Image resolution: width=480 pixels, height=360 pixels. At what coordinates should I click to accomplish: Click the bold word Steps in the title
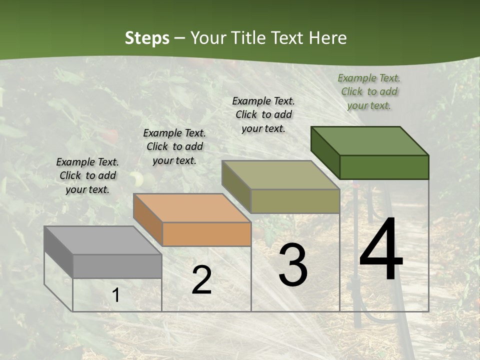147,38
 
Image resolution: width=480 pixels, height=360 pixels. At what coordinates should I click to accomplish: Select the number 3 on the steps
292,265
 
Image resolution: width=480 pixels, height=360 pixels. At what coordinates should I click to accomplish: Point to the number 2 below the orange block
201,280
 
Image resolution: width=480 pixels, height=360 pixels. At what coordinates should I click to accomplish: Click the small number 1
116,295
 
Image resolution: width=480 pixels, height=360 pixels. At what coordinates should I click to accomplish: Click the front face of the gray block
117,266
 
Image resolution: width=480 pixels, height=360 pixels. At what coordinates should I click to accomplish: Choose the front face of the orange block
206,234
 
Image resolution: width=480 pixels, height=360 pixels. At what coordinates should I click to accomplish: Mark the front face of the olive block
295,201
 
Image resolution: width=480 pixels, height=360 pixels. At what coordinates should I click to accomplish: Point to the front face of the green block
384,167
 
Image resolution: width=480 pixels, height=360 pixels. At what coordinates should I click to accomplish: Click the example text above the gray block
87,175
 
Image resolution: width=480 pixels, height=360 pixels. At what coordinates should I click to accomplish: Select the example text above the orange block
174,146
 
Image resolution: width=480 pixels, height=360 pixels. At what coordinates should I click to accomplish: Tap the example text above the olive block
263,114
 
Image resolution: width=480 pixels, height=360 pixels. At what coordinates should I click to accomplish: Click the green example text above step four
369,91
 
